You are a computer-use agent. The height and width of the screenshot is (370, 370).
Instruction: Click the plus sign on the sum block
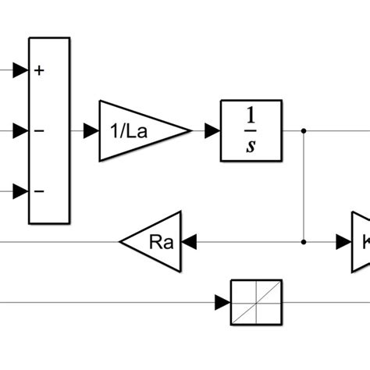click(39, 71)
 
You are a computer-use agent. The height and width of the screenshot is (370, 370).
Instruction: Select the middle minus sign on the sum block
click(39, 131)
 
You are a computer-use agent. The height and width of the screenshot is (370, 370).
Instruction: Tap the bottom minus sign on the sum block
click(39, 191)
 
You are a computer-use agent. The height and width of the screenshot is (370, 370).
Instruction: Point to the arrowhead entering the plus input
click(21, 71)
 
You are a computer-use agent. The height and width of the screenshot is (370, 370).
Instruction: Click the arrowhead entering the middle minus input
click(21, 131)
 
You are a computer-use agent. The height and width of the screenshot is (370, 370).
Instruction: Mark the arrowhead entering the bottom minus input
click(21, 191)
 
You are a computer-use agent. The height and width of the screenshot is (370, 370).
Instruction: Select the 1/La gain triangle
click(137, 131)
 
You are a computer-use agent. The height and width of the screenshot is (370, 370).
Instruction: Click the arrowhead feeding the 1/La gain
click(91, 131)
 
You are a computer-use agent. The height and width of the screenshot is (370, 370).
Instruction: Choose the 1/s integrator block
click(251, 130)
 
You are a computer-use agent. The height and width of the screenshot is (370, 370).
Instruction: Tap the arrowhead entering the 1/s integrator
click(212, 131)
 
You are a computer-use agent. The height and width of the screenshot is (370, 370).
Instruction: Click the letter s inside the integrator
click(251, 146)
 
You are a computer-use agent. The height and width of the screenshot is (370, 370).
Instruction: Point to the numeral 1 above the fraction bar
click(251, 116)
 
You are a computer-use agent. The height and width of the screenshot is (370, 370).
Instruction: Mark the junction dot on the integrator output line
click(304, 131)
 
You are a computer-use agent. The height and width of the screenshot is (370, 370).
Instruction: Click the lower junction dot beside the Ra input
click(304, 242)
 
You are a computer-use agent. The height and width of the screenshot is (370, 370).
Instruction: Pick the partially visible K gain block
click(361, 242)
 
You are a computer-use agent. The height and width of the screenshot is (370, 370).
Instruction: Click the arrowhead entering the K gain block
click(343, 242)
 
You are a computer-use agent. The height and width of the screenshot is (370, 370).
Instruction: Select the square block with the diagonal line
click(255, 302)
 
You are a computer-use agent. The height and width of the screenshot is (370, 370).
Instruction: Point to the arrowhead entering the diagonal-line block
click(222, 302)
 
